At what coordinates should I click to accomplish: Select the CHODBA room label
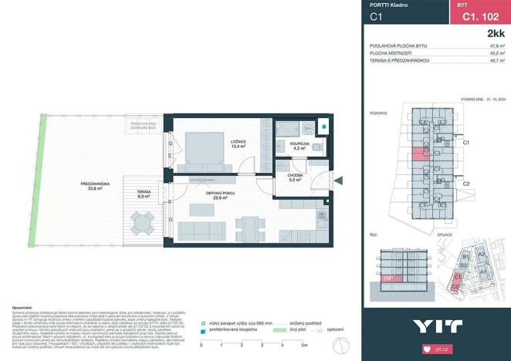[295, 177]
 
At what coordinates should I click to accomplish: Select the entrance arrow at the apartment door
[338, 180]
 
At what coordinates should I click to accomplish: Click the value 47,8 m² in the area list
[492, 46]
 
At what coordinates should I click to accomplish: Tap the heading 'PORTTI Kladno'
[389, 5]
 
